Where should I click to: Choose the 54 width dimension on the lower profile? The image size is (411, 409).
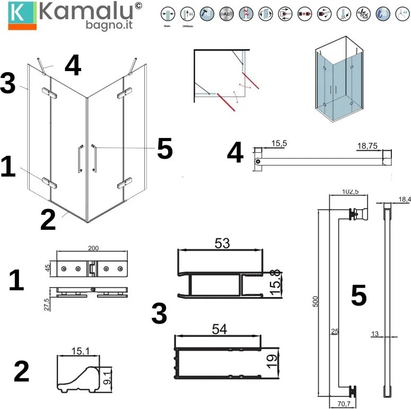tap(220, 329)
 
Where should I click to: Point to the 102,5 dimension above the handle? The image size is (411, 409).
tap(346, 192)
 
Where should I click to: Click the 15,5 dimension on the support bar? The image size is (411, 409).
tap(278, 143)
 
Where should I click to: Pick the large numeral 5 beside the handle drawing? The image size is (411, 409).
tap(358, 295)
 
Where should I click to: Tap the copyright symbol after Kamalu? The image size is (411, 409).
tap(138, 6)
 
